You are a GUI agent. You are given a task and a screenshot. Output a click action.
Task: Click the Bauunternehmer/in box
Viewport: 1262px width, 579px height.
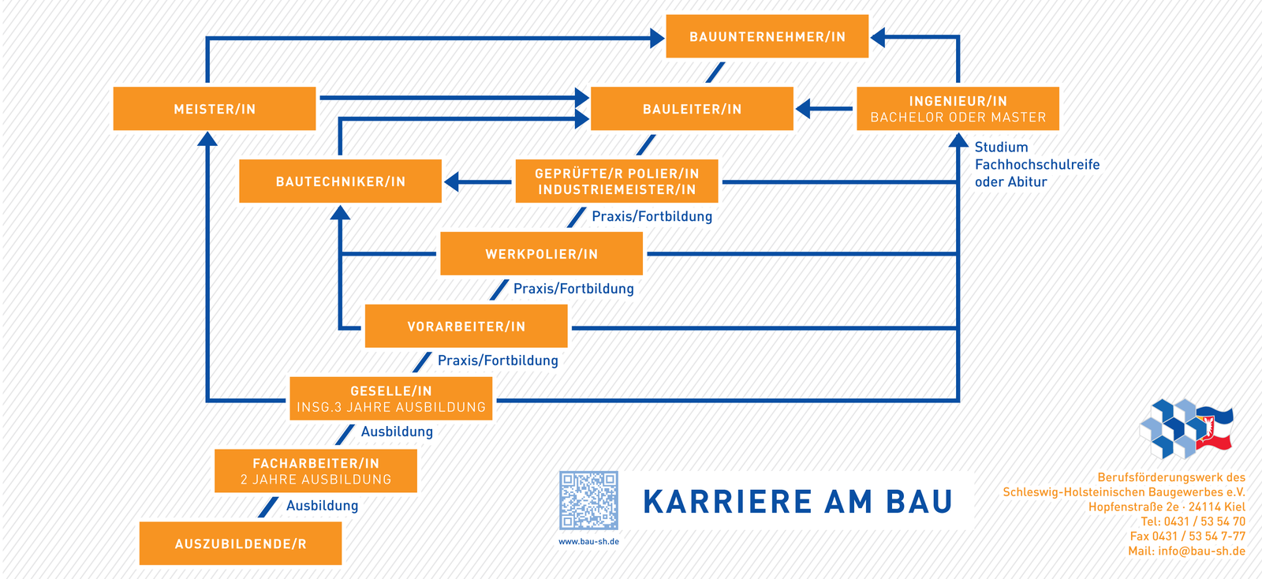pos(767,36)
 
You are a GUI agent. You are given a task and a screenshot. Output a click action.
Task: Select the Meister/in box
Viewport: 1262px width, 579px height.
pos(215,109)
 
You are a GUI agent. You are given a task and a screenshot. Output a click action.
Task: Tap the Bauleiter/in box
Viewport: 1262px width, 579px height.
pos(692,109)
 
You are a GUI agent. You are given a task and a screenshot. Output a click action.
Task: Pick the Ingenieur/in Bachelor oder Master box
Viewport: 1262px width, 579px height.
pos(958,109)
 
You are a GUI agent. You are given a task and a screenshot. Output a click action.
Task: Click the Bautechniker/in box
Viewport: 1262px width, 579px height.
pos(340,181)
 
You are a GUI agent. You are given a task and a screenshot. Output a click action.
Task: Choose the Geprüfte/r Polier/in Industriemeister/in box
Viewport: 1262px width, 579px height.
pos(617,181)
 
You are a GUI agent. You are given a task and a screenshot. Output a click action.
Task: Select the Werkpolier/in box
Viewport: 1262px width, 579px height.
pos(541,253)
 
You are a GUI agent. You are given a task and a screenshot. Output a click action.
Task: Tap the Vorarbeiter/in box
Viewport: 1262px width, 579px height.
pos(466,326)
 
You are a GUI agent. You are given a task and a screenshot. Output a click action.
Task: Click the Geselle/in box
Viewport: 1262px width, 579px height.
pos(391,399)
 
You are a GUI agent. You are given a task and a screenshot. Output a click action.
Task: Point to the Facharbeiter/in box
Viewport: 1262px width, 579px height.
pos(316,471)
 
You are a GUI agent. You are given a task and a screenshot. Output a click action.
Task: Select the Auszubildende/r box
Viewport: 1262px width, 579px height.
pos(241,544)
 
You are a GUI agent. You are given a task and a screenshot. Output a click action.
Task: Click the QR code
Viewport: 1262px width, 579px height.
pos(588,501)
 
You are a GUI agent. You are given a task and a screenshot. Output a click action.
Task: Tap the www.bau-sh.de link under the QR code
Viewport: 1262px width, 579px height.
pos(588,542)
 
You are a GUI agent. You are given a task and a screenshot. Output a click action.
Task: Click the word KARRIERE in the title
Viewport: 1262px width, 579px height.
pos(727,502)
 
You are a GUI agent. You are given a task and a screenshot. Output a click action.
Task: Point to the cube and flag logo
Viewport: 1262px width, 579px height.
pos(1186,428)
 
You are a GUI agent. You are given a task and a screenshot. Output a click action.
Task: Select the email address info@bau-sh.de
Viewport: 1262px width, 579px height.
pos(1202,551)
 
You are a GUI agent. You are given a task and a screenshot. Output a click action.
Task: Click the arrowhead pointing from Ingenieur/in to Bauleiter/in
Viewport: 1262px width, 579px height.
pos(803,109)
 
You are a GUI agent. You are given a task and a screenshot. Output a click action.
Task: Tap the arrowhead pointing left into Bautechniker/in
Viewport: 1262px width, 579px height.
pos(451,182)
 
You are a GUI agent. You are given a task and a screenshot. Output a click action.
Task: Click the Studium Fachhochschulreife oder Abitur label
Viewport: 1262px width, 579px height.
pos(1037,164)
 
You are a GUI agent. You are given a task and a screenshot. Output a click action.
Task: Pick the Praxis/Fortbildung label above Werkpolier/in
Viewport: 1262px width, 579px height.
pos(652,216)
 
